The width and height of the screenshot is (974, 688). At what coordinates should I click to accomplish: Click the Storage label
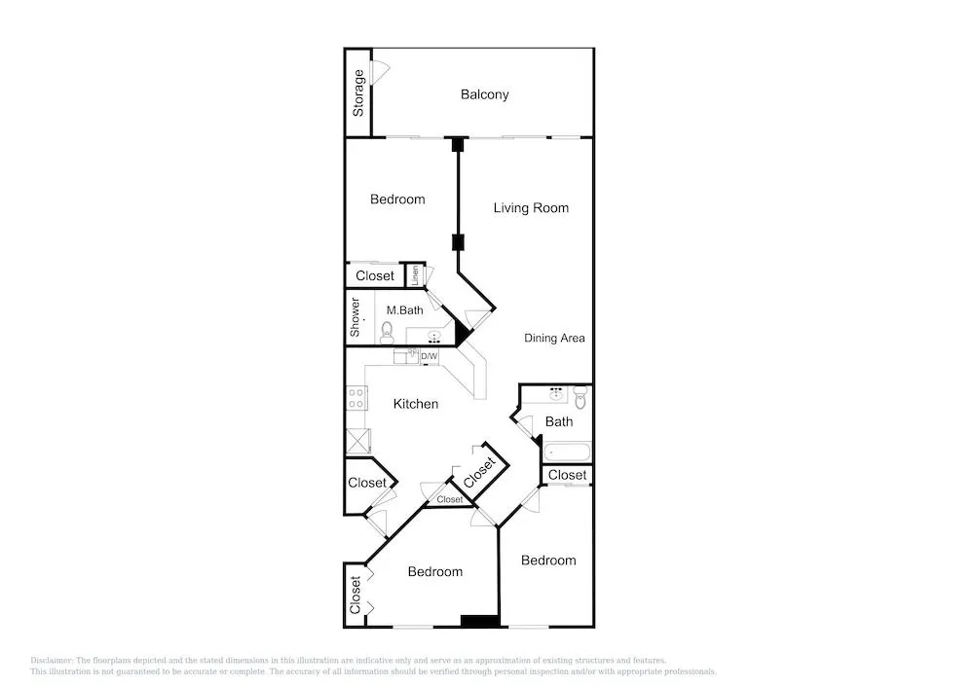pyautogui.click(x=358, y=93)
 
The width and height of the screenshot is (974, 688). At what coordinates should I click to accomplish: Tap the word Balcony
pyautogui.click(x=484, y=95)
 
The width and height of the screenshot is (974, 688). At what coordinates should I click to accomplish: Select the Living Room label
pyautogui.click(x=531, y=208)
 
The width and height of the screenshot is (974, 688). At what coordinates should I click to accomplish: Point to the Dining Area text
pyautogui.click(x=555, y=338)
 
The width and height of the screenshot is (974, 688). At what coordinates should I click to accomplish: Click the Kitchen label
pyautogui.click(x=416, y=404)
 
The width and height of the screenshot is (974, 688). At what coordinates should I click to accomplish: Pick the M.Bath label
pyautogui.click(x=404, y=310)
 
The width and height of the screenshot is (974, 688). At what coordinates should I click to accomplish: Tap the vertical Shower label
pyautogui.click(x=355, y=317)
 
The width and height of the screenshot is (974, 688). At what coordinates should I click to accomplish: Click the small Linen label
pyautogui.click(x=415, y=275)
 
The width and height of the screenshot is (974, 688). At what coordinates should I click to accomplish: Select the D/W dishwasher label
pyautogui.click(x=430, y=357)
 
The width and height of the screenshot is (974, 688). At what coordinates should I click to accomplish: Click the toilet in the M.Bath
pyautogui.click(x=387, y=333)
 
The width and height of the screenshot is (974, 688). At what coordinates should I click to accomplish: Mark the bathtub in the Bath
pyautogui.click(x=567, y=452)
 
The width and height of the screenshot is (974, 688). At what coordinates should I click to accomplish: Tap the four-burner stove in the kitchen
pyautogui.click(x=356, y=398)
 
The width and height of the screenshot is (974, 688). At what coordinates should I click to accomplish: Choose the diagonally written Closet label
pyautogui.click(x=479, y=473)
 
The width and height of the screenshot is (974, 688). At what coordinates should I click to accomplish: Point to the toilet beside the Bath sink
pyautogui.click(x=581, y=398)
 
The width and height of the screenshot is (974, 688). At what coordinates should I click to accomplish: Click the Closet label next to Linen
pyautogui.click(x=375, y=276)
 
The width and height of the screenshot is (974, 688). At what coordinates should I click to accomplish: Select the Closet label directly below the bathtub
pyautogui.click(x=567, y=475)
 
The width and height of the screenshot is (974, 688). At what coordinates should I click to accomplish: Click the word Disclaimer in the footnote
pyautogui.click(x=52, y=661)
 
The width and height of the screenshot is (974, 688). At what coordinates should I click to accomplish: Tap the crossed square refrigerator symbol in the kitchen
pyautogui.click(x=357, y=441)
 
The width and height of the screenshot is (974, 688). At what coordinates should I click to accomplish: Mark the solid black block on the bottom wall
pyautogui.click(x=479, y=621)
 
